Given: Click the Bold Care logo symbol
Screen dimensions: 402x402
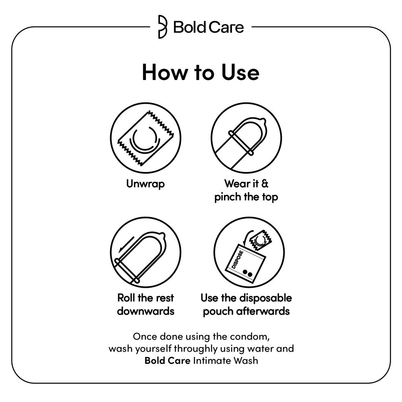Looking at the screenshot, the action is click(x=162, y=27).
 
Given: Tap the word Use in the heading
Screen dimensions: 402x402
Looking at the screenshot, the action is click(x=240, y=72).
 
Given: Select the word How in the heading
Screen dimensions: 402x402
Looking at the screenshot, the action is click(x=164, y=72).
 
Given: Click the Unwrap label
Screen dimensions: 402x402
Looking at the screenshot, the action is click(x=146, y=184).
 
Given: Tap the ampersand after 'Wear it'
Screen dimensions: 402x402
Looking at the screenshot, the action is click(x=265, y=184).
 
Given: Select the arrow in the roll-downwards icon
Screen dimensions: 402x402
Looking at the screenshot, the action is click(x=126, y=244).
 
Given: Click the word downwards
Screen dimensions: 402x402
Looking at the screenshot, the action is click(x=146, y=311).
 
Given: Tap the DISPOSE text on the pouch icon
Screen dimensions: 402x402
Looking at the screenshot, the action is click(x=237, y=259).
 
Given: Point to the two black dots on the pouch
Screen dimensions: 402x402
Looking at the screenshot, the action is click(x=248, y=273).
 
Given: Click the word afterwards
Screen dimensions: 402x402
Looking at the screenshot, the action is click(x=263, y=311).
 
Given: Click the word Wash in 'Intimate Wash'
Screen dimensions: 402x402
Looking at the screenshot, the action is click(x=242, y=361).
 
